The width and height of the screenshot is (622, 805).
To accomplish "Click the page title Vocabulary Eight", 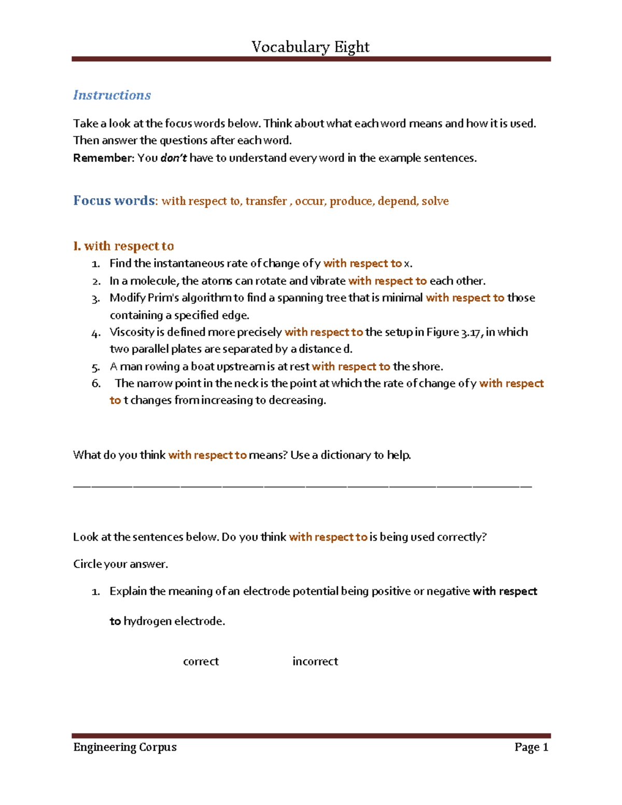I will [310, 47].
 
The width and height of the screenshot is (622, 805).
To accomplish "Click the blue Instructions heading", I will [112, 95].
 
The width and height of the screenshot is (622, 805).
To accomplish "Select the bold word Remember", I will [103, 158].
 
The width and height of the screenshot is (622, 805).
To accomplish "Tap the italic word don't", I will [174, 158].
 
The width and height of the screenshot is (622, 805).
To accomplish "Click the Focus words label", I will [114, 201].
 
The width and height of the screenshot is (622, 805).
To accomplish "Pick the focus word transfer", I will [266, 201].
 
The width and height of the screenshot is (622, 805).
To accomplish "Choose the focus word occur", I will [309, 201].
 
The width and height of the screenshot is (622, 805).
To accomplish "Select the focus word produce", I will [351, 201].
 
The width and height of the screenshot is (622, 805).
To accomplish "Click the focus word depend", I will [397, 201].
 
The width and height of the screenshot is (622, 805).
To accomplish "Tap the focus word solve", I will [435, 201].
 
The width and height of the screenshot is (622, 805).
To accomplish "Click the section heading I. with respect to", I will [123, 246].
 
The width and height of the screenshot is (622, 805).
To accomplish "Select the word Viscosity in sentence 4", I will [132, 332].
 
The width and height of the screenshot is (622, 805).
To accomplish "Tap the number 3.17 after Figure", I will [472, 332].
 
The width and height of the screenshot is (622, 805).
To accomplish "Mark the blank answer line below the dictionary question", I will [302, 486].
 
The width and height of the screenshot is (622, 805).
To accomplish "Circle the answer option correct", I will [201, 661].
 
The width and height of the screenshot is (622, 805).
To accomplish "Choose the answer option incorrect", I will [315, 661].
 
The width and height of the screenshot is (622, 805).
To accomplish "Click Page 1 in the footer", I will [531, 747].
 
